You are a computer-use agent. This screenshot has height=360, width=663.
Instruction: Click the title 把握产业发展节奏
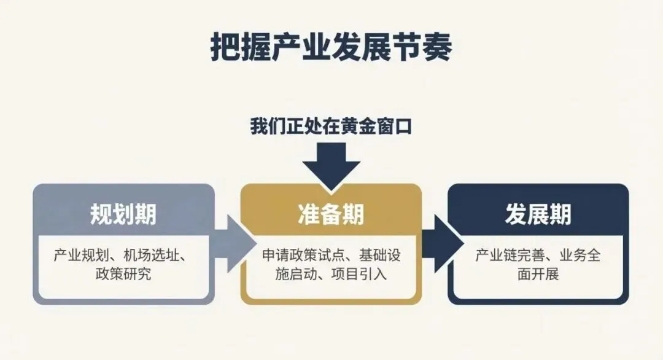331,47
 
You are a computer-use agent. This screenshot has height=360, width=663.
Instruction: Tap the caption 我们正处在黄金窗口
331,127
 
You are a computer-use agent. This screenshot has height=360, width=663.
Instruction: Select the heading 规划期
123,214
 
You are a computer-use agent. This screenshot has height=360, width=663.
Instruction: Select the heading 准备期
331,214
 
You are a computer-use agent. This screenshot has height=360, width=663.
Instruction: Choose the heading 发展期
538,214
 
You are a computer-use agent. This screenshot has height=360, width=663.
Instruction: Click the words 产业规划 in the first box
78,255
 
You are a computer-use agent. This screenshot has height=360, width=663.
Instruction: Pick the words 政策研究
123,273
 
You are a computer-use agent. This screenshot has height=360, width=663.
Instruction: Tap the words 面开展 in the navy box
538,273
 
